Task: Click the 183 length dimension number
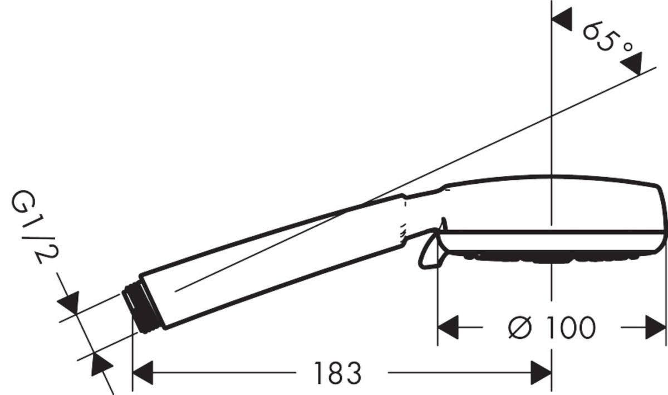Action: (338, 373)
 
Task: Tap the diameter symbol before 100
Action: (522, 328)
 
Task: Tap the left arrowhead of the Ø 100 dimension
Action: (449, 328)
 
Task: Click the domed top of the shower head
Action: (551, 179)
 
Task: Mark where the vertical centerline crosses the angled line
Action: (551, 116)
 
